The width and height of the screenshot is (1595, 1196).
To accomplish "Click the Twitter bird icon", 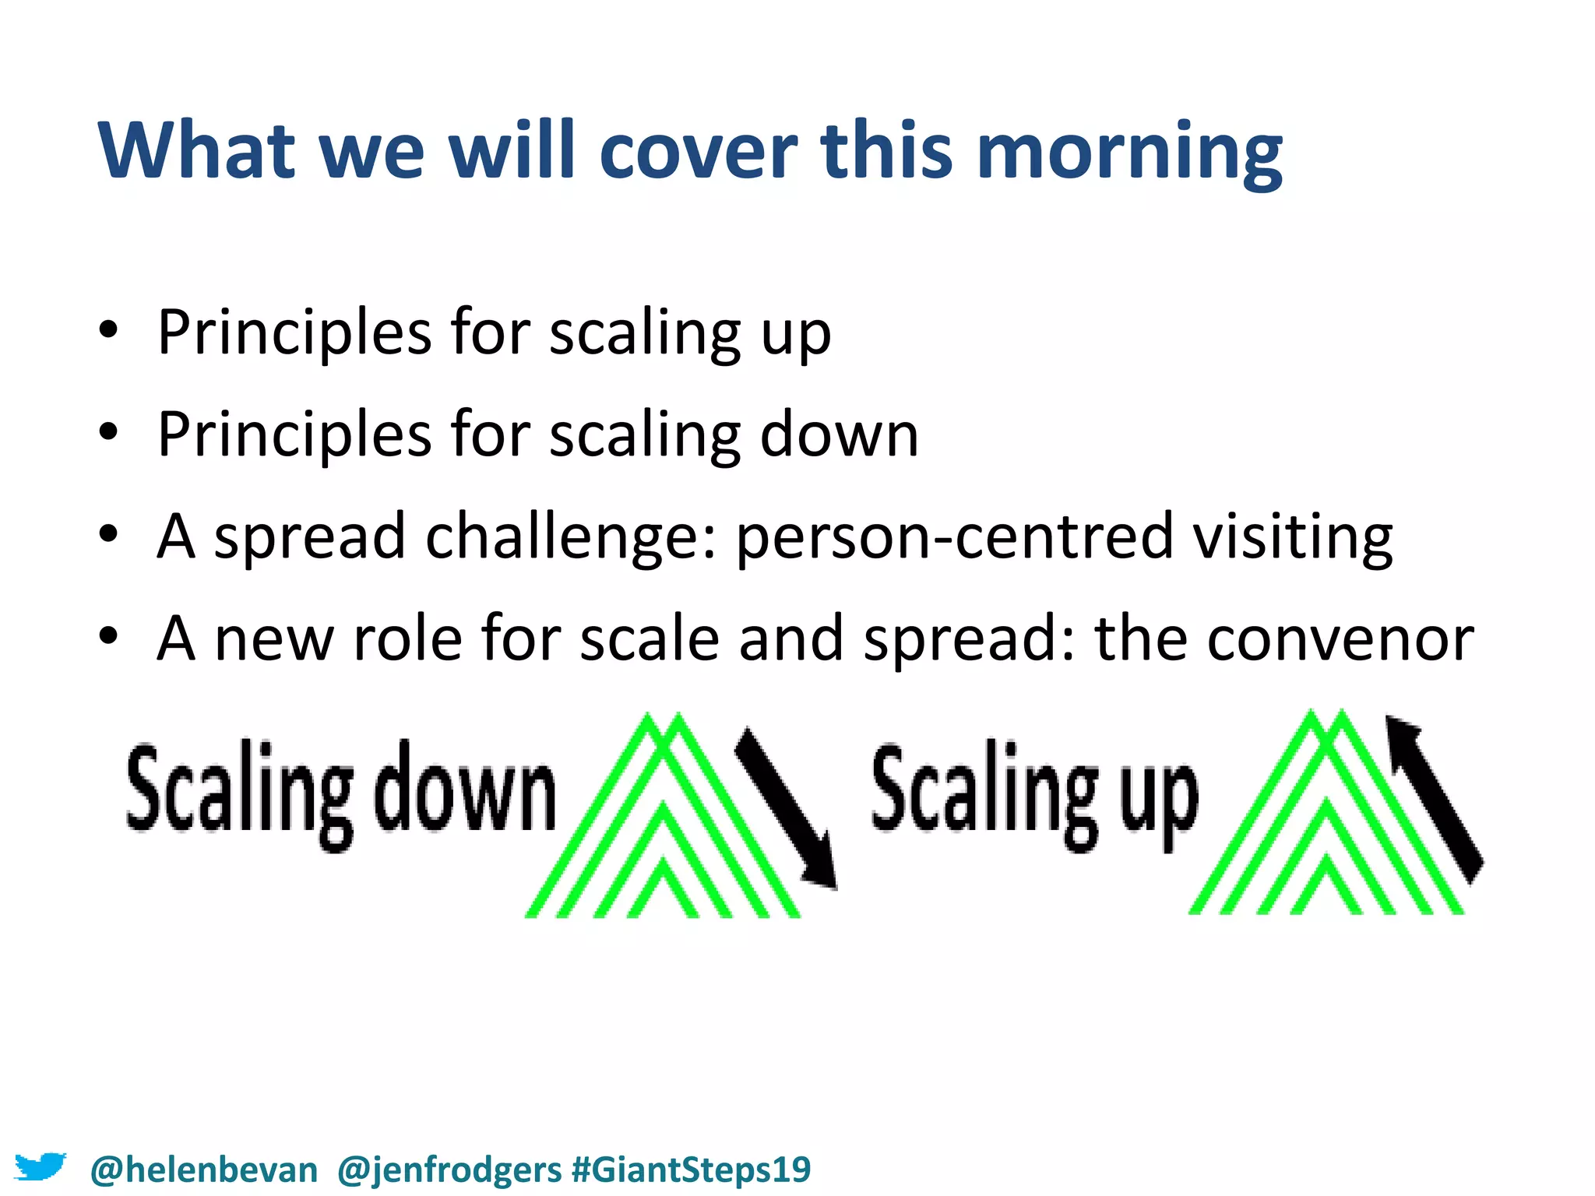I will (x=40, y=1167).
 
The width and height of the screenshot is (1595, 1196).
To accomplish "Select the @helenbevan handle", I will (x=204, y=1170).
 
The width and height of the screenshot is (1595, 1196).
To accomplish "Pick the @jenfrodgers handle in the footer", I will (x=449, y=1170).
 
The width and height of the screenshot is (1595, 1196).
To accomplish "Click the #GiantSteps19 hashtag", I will (x=691, y=1170).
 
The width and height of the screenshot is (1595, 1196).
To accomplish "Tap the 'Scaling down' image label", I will (x=340, y=790).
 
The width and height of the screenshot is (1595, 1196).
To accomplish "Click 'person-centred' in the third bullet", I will (x=954, y=536).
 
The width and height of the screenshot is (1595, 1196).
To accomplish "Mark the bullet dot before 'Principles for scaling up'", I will (x=108, y=330).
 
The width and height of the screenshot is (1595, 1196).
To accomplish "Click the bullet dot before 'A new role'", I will (x=108, y=636).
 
